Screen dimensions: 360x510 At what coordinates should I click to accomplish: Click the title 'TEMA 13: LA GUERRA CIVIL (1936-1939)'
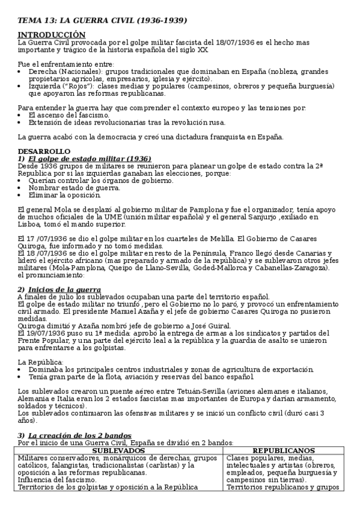(x=102, y=20)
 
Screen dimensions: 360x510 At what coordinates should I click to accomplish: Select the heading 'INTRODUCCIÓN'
(x=52, y=35)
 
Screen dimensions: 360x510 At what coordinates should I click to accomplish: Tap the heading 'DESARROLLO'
(x=44, y=151)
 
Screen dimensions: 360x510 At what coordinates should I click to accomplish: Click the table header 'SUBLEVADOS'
(x=121, y=450)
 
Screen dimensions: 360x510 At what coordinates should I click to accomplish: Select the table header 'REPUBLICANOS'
(x=284, y=450)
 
